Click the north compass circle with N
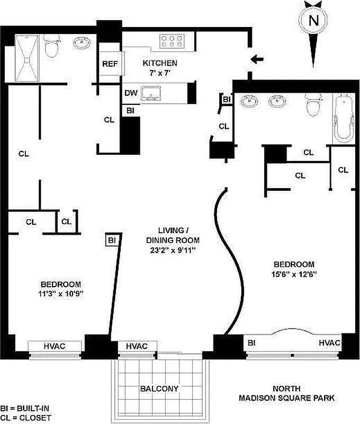pyautogui.click(x=313, y=21)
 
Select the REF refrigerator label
pyautogui.click(x=110, y=64)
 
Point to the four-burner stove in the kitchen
pyautogui.click(x=171, y=39)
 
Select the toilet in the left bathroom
pyautogui.click(x=52, y=46)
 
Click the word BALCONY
pyautogui.click(x=159, y=388)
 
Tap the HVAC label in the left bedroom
pyautogui.click(x=55, y=346)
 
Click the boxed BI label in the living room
pyautogui.click(x=112, y=241)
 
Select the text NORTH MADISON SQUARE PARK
pyautogui.click(x=286, y=393)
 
